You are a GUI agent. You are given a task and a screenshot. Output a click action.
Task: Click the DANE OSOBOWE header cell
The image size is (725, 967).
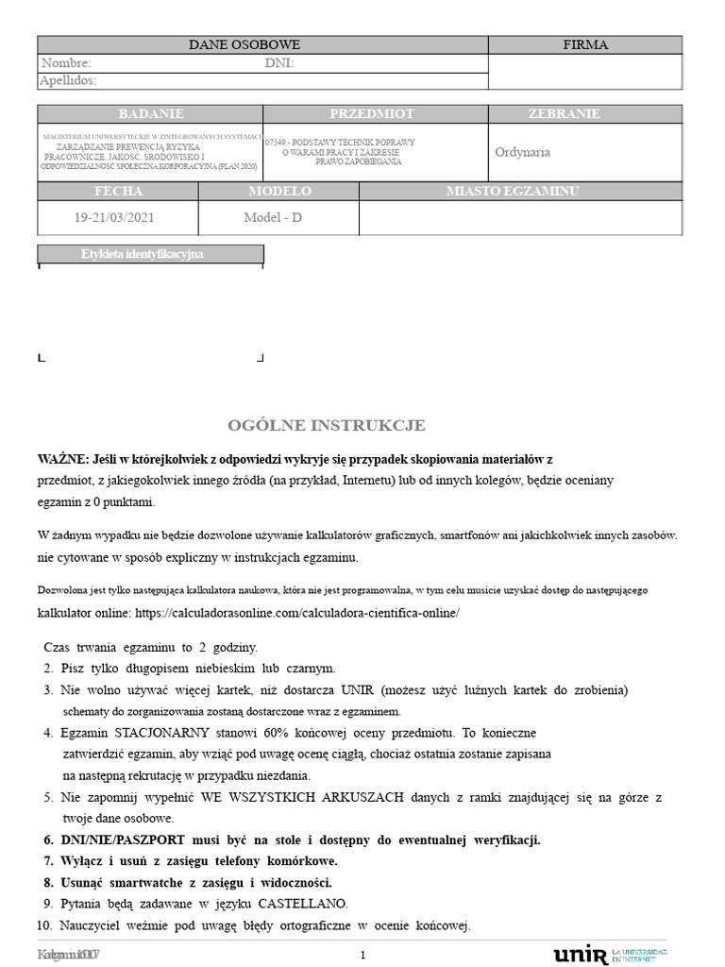pos(244,44)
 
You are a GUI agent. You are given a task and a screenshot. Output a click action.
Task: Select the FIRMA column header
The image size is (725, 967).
pos(585,44)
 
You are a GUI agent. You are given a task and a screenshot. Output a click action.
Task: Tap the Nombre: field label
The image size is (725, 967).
pos(65,63)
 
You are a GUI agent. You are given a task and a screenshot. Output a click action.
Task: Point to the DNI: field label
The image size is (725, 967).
pos(279,63)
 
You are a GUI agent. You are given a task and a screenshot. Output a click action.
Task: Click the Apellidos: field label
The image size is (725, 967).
pos(68,81)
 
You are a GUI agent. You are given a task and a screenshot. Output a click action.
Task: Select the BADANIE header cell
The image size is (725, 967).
pos(150,113)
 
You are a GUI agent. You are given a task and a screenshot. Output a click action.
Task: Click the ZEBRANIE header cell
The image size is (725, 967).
pos(564,113)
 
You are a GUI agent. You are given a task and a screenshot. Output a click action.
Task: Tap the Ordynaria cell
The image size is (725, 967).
pos(522,152)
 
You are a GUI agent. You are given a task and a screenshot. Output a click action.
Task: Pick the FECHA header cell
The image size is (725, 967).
pos(119,191)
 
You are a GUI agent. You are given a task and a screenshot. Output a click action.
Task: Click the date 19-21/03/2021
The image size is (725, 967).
pos(114,217)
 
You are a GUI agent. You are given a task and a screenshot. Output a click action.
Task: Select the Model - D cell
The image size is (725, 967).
pos(273,217)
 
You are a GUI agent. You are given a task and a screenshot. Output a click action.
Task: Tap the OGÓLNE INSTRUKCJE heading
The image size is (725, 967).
pos(327,425)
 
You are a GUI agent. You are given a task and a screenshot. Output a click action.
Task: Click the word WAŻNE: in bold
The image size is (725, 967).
pos(60,458)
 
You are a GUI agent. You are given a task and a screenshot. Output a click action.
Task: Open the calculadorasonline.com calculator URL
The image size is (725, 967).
pos(296,612)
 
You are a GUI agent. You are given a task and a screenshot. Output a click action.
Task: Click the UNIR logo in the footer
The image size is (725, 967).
pos(581,954)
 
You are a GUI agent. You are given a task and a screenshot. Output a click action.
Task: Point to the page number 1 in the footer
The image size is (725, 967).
pos(362,955)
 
